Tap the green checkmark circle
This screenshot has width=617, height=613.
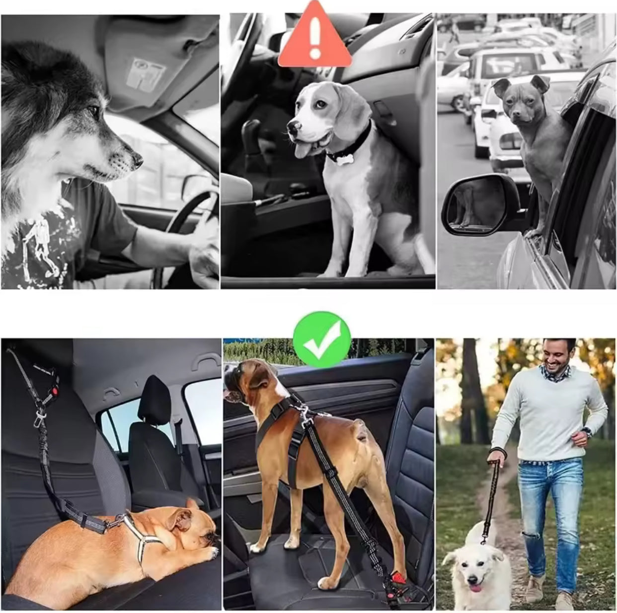(321, 339)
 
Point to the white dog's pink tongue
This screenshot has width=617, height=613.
(476, 588)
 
